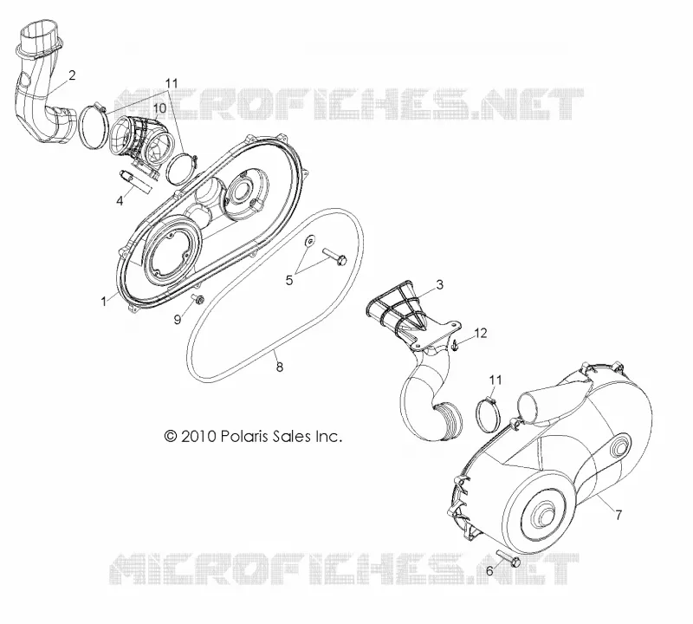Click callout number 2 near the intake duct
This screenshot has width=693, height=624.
(x=72, y=75)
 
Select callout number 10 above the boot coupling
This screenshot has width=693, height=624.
(x=159, y=108)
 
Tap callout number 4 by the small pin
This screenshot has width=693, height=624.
(x=120, y=200)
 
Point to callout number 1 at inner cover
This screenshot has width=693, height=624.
(x=104, y=302)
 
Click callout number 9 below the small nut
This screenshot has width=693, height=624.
(x=178, y=319)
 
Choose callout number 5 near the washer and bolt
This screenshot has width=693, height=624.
(x=289, y=280)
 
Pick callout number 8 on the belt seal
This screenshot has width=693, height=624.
(x=279, y=367)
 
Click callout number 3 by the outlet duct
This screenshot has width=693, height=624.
(x=439, y=285)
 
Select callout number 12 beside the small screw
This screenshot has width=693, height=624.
(x=481, y=333)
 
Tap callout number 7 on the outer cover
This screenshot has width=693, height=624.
(x=619, y=515)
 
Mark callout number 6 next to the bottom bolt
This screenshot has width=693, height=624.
(x=489, y=571)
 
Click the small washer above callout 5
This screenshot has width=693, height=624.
(x=311, y=241)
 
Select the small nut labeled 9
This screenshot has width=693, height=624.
(x=198, y=299)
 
